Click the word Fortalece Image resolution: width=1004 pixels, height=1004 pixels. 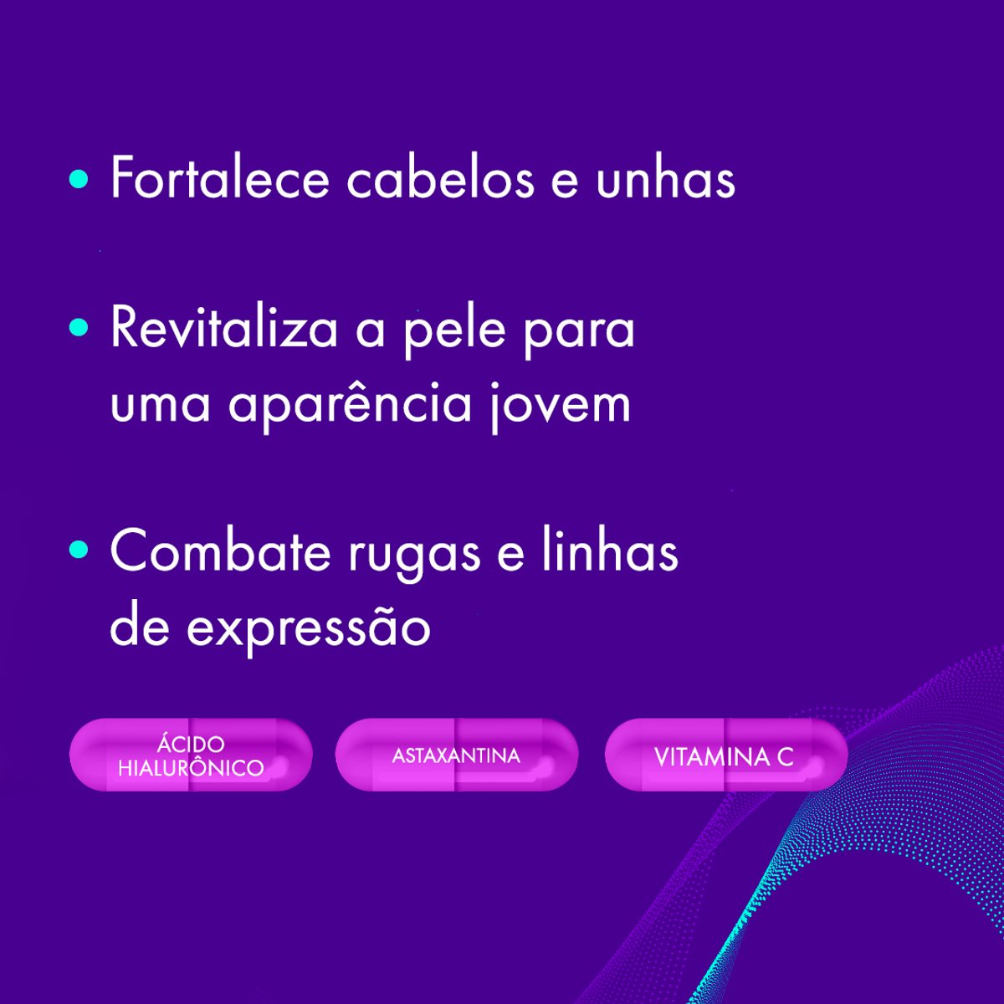click(x=219, y=178)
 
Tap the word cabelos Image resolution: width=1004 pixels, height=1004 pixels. click(x=440, y=178)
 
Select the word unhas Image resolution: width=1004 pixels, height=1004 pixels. click(x=665, y=178)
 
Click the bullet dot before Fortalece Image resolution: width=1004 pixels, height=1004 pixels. click(x=79, y=178)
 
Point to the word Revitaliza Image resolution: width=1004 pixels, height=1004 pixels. click(x=223, y=327)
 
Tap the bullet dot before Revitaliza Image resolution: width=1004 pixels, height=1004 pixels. click(x=79, y=327)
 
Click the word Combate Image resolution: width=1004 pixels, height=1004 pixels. click(x=220, y=552)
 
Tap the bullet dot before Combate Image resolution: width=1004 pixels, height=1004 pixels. click(x=79, y=550)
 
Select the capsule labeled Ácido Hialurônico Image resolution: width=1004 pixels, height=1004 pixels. click(x=191, y=756)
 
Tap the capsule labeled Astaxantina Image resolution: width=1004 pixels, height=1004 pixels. click(x=456, y=756)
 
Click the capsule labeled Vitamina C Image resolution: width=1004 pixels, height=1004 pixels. click(x=725, y=756)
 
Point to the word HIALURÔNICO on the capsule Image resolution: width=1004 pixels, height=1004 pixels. click(x=191, y=768)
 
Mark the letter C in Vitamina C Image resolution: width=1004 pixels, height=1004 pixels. click(x=784, y=757)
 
